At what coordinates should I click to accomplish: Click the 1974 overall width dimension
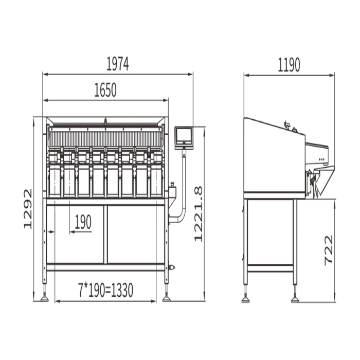coord(118,64)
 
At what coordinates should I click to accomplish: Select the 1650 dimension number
coord(105,90)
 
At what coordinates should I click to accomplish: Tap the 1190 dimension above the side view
coord(289,65)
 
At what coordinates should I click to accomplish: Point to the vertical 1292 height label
coord(28,209)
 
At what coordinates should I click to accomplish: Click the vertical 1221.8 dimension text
coord(199,214)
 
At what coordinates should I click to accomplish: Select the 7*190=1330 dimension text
coord(105,290)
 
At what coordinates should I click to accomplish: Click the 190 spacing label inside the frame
coord(83,222)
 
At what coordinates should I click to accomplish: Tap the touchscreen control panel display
coord(184,138)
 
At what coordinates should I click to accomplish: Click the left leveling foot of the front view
coord(45,299)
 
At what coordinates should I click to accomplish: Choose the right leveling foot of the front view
coord(167,299)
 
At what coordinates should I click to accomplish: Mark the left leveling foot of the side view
coord(245,300)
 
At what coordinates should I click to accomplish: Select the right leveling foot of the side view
coord(295,300)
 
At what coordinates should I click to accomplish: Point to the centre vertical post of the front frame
coord(105,234)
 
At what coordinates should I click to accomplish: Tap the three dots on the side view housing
coord(321,159)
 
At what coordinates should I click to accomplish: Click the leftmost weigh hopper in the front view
coord(55,179)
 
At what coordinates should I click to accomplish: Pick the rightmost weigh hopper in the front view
coord(156,179)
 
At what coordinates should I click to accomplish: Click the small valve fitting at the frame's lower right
coord(171,267)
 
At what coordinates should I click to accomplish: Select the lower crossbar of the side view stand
coord(270,268)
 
